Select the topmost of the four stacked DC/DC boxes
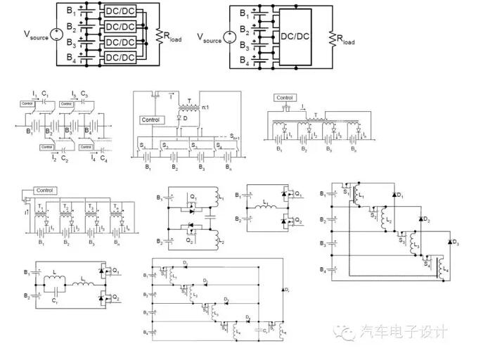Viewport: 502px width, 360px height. pyautogui.click(x=119, y=12)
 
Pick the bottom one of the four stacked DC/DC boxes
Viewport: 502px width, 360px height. pyautogui.click(x=119, y=58)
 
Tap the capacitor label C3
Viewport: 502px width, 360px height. pyautogui.click(x=84, y=94)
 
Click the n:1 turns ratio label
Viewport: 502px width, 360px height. pyautogui.click(x=203, y=107)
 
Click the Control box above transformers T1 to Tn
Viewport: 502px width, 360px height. pyautogui.click(x=44, y=190)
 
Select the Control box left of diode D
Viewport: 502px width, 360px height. pyautogui.click(x=150, y=120)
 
